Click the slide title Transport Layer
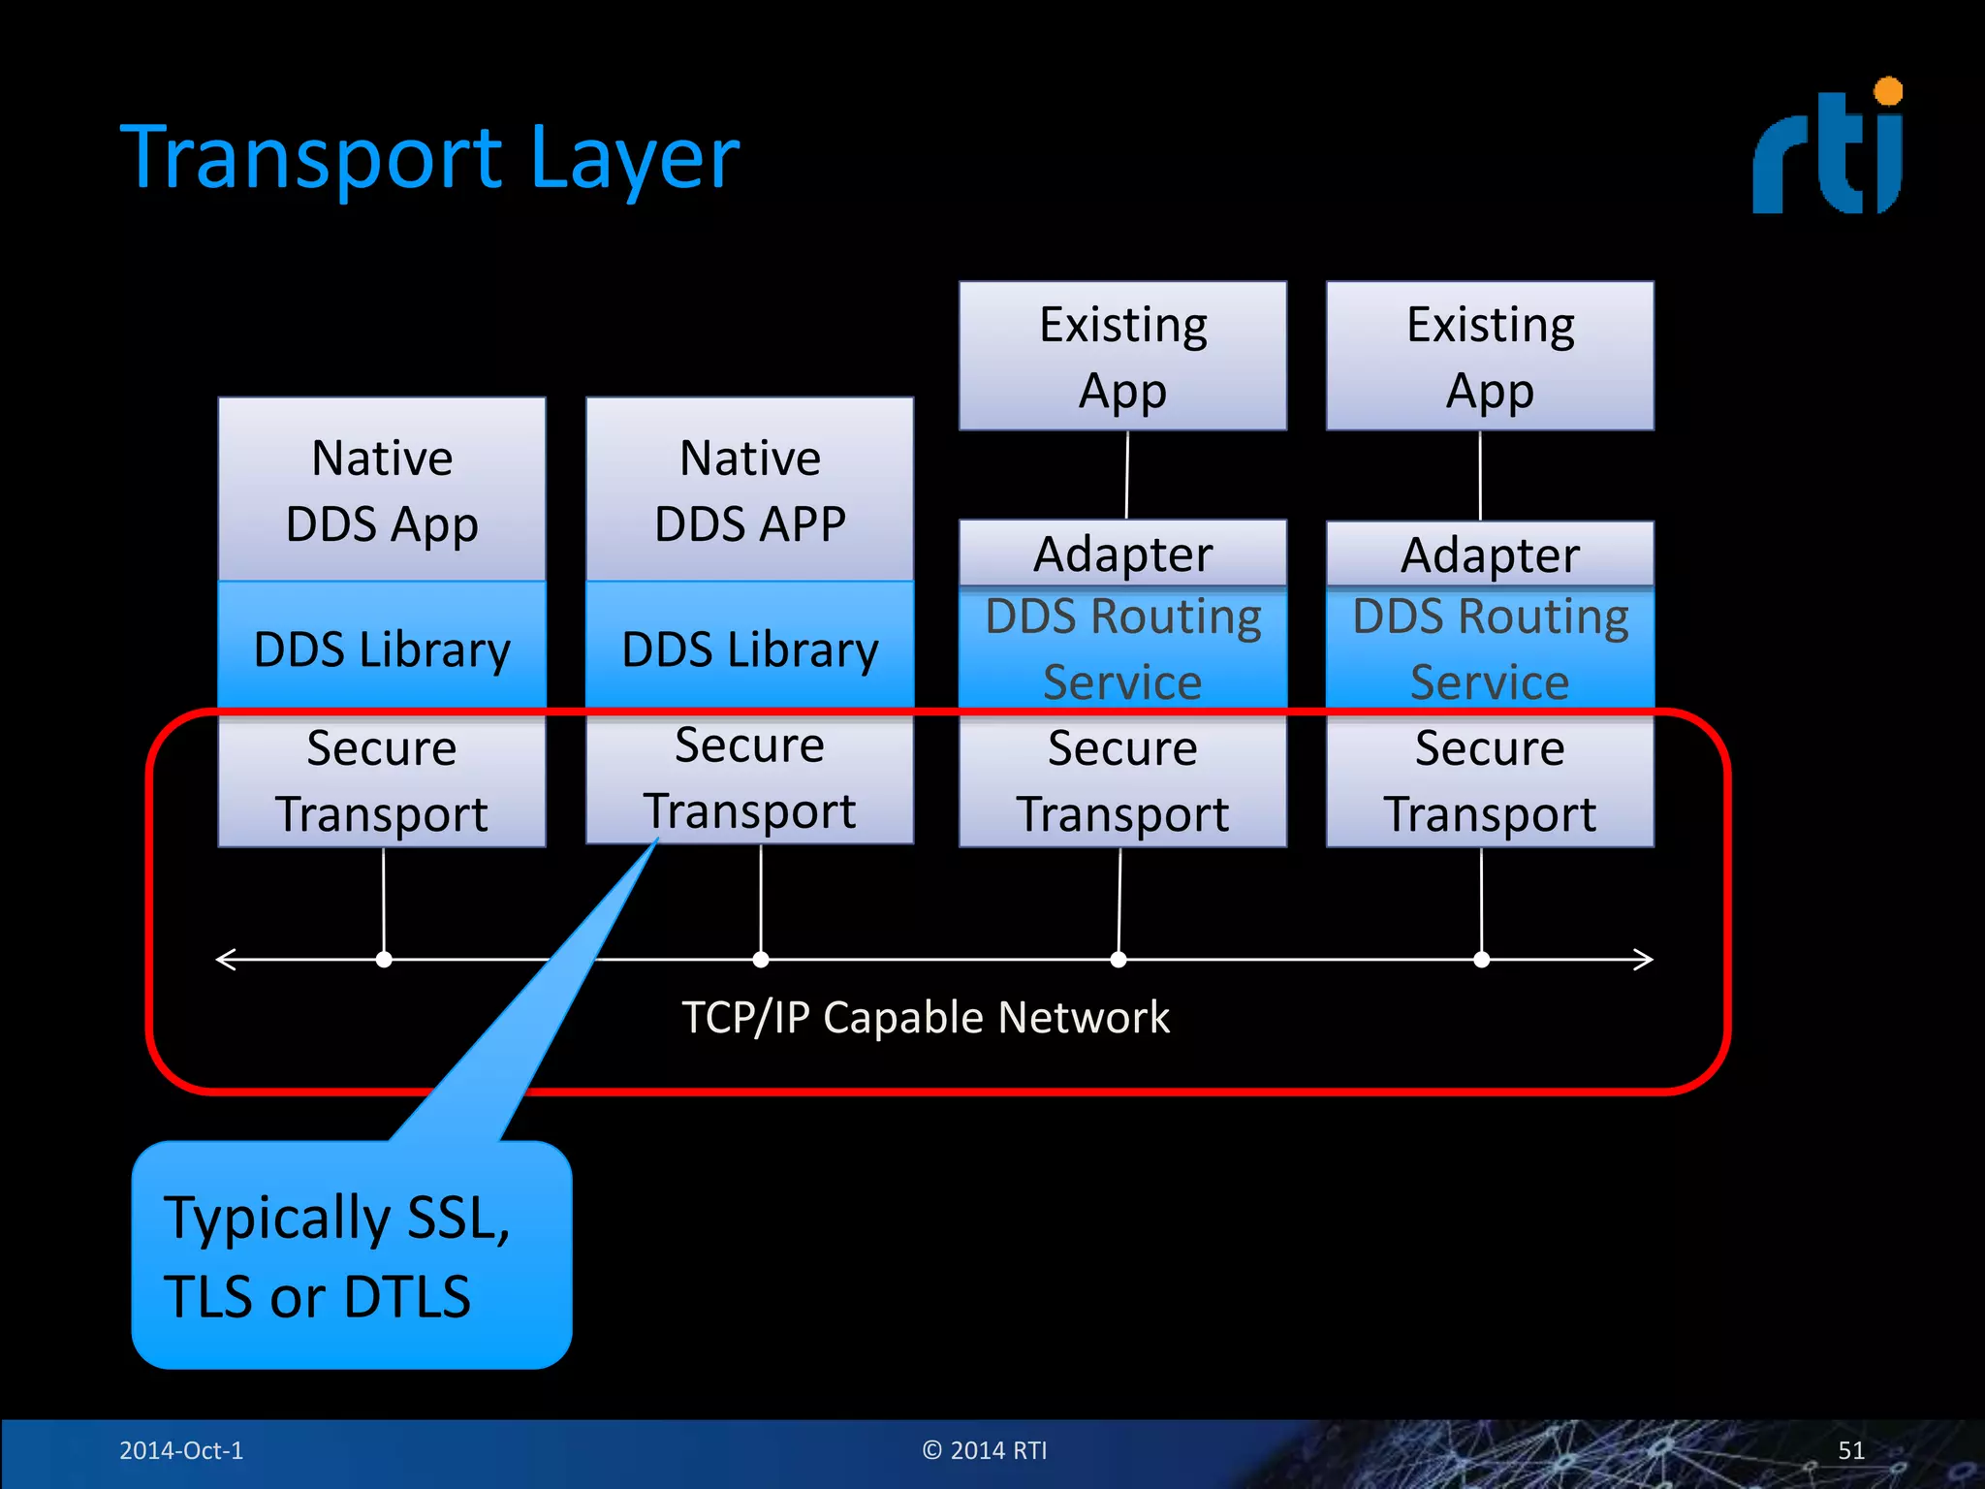pos(429,158)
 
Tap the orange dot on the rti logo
pos(1888,91)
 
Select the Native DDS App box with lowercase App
pos(382,490)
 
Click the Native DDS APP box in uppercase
pos(749,490)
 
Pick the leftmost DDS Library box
pos(382,647)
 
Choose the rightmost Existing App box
pos(1490,356)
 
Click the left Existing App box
pos(1122,356)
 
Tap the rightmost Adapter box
pos(1490,554)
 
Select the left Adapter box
pos(1122,554)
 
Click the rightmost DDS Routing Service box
pos(1490,648)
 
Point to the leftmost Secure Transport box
pos(382,780)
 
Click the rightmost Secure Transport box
pos(1490,780)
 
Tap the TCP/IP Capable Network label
pos(926,1018)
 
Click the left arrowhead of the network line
pos(225,960)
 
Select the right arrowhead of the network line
pos(1645,960)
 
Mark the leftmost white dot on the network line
pos(384,960)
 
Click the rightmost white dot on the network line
pos(1481,960)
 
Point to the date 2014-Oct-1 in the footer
pos(181,1450)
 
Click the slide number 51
pos(1851,1450)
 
